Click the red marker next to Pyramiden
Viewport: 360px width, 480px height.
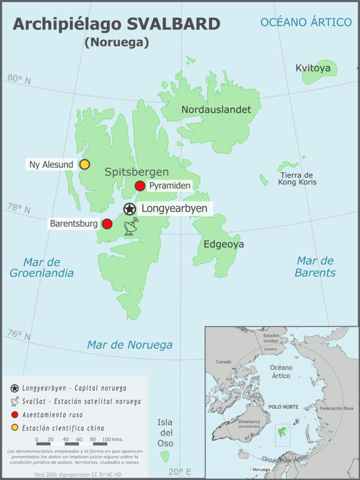[x=140, y=186]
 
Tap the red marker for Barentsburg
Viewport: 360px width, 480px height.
[x=107, y=224]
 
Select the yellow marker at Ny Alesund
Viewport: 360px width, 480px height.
[x=84, y=164]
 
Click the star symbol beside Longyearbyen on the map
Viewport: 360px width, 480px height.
[x=129, y=209]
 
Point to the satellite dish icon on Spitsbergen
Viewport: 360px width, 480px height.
[x=132, y=226]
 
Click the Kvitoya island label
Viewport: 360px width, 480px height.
[x=313, y=68]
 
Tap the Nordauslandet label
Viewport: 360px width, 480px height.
[x=216, y=110]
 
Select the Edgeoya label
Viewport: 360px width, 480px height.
[x=224, y=244]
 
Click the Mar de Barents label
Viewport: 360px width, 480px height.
[x=315, y=267]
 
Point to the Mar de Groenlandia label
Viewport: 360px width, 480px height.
[x=42, y=268]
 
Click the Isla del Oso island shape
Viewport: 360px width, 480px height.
[x=165, y=456]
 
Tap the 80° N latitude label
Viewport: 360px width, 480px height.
[x=19, y=80]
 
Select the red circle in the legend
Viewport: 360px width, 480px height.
[x=15, y=414]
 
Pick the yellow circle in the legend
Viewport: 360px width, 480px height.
[x=15, y=427]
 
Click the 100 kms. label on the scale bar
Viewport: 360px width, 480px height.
[x=112, y=439]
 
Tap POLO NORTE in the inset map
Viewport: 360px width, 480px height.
[x=283, y=407]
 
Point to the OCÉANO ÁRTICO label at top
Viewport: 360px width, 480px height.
[x=306, y=22]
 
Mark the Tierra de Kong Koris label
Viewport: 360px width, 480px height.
[x=298, y=179]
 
